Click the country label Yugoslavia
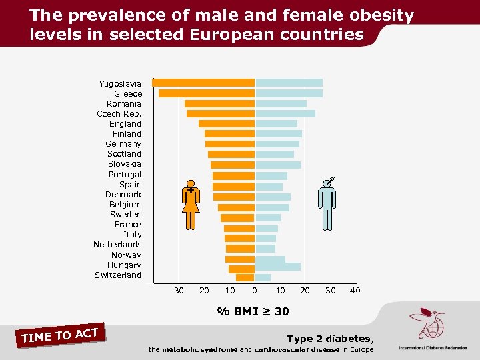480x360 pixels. pyautogui.click(x=120, y=83)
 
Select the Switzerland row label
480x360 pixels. pyautogui.click(x=118, y=275)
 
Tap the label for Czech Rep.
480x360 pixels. pyautogui.click(x=119, y=113)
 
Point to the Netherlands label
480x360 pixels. pyautogui.click(x=117, y=245)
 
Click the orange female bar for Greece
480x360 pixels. pyautogui.click(x=207, y=93)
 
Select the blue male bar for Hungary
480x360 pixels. pyautogui.click(x=278, y=267)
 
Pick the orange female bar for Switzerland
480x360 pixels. pyautogui.click(x=245, y=277)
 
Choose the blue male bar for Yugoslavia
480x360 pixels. pyautogui.click(x=289, y=83)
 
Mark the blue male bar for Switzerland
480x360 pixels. pyautogui.click(x=263, y=277)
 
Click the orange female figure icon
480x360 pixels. pyautogui.click(x=191, y=205)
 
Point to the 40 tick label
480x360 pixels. pyautogui.click(x=355, y=290)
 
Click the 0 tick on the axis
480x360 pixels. pyautogui.click(x=255, y=290)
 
